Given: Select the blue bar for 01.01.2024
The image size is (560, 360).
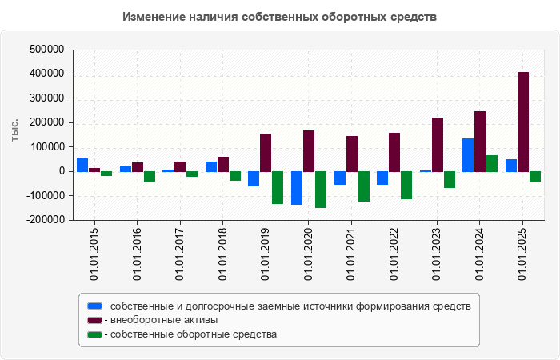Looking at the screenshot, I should click(468, 155).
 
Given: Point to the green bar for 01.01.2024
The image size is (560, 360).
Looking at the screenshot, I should click(492, 163).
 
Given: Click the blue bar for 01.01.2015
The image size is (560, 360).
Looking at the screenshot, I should click(82, 165).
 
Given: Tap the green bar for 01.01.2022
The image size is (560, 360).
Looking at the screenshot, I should click(406, 185).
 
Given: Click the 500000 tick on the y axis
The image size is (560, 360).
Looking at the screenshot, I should click(46, 50).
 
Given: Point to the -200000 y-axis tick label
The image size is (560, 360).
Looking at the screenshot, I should click(44, 220).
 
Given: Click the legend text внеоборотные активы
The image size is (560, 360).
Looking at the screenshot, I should click(165, 320).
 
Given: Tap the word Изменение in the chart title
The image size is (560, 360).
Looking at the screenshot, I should click(153, 17).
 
